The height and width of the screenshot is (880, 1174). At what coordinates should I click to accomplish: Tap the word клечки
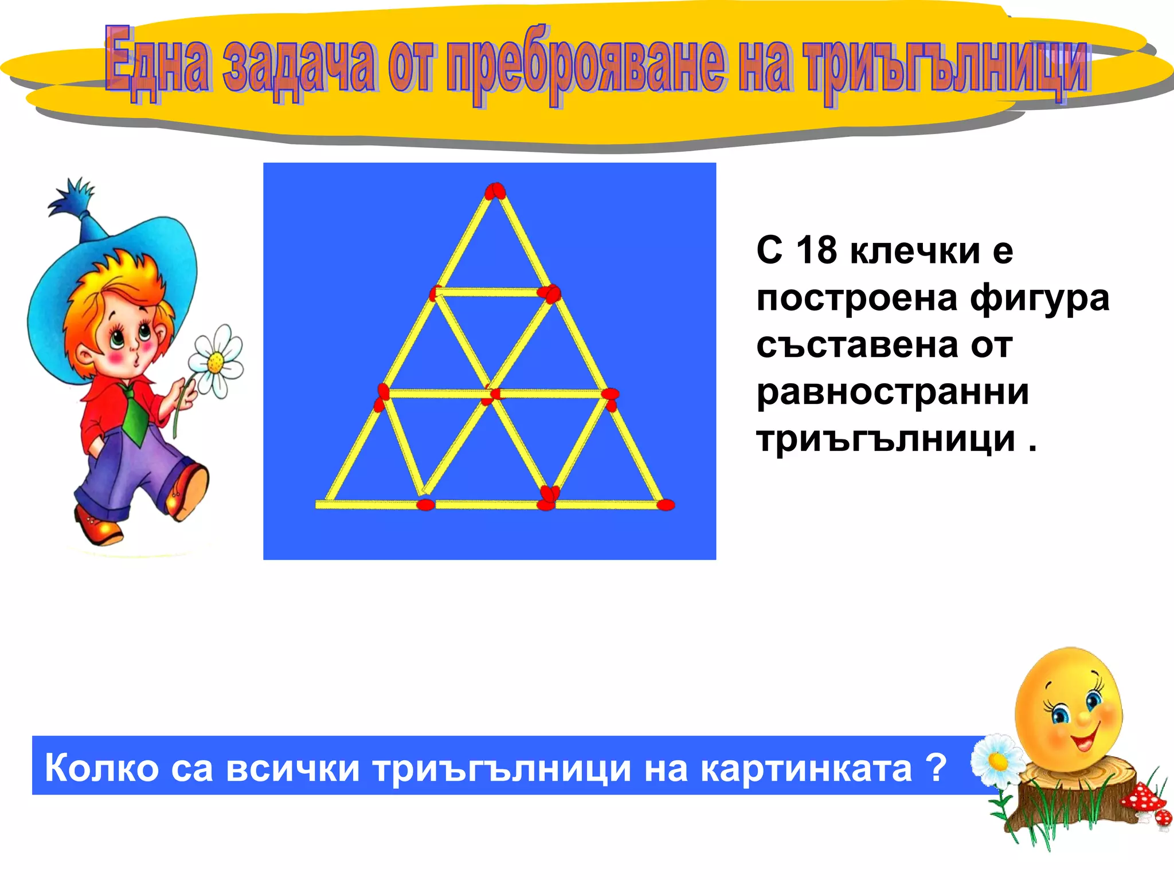tap(915, 252)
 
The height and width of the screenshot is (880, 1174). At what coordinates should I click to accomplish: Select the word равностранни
tap(893, 392)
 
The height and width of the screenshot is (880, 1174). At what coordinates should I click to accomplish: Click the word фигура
tap(1040, 298)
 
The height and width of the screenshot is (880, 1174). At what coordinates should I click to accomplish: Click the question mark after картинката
tap(936, 768)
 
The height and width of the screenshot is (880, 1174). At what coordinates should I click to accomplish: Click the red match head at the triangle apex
tap(495, 191)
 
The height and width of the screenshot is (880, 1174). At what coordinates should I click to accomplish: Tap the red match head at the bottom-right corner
tap(666, 505)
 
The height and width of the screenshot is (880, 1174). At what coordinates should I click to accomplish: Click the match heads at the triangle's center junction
tap(491, 395)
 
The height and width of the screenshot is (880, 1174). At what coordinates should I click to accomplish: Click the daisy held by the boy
tap(216, 361)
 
